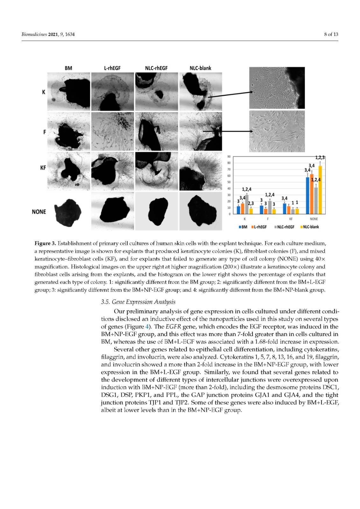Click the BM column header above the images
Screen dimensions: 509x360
point(68,68)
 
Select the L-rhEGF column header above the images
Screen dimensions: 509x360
point(112,68)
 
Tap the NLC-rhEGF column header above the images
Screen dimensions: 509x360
point(156,68)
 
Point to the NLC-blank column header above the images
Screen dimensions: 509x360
point(200,68)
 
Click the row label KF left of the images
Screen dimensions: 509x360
point(43,168)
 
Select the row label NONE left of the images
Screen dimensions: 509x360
point(39,212)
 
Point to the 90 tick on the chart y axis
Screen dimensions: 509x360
point(229,157)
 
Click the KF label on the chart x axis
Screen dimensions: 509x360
point(291,219)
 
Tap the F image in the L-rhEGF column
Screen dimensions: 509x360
point(112,131)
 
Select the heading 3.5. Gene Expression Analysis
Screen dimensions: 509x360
point(138,302)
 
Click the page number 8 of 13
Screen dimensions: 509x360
point(331,34)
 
